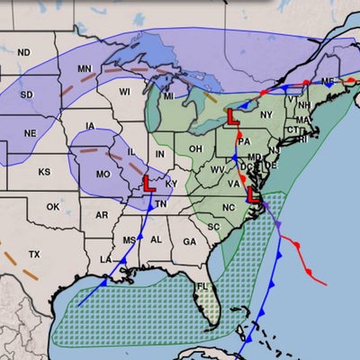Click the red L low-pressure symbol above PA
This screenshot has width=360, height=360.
[232, 117]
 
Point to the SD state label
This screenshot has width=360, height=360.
[27, 95]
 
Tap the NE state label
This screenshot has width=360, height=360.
[31, 132]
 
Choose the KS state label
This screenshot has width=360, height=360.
[45, 171]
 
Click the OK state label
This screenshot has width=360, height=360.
[53, 207]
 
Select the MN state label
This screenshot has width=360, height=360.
[85, 69]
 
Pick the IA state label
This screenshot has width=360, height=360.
[90, 126]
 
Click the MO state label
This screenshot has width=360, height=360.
[104, 173]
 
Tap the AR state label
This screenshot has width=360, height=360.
[102, 215]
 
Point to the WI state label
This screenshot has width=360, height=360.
[125, 91]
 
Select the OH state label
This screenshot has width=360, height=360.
[194, 148]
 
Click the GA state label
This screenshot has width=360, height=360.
[188, 241]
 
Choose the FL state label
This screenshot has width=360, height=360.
[203, 287]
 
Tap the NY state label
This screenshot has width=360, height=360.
[265, 115]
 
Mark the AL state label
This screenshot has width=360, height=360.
[156, 239]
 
